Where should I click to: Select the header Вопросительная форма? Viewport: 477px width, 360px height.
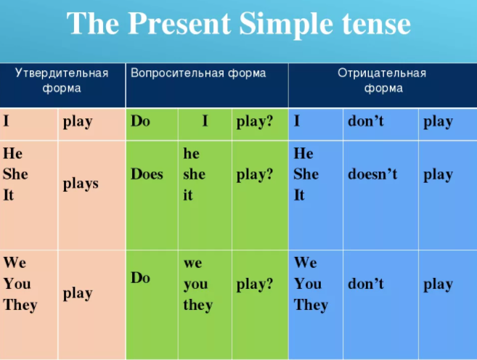point(197,73)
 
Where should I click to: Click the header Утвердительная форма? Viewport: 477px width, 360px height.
point(62,81)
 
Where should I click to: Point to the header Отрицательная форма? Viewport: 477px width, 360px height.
point(382,81)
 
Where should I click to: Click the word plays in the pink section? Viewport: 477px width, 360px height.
point(81,184)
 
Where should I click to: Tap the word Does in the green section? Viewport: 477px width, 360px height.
point(147,174)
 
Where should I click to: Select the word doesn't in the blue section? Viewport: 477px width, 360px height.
point(372,174)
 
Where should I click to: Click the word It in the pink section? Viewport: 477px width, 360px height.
point(9,195)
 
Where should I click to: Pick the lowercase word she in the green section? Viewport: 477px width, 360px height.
point(194,174)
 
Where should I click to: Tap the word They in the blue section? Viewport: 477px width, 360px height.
point(311,305)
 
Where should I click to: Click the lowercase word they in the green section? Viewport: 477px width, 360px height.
point(197,305)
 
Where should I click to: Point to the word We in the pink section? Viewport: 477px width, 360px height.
point(15,262)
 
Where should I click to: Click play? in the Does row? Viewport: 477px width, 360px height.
point(255,174)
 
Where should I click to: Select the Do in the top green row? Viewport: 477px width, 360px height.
point(141,121)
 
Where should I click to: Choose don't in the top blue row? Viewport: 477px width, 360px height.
point(366,121)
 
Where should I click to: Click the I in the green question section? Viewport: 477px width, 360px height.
point(205,121)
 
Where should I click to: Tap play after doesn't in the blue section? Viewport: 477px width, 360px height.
point(438,174)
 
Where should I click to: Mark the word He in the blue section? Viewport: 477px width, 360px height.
point(303,153)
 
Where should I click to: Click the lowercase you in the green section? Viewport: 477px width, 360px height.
point(195,284)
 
